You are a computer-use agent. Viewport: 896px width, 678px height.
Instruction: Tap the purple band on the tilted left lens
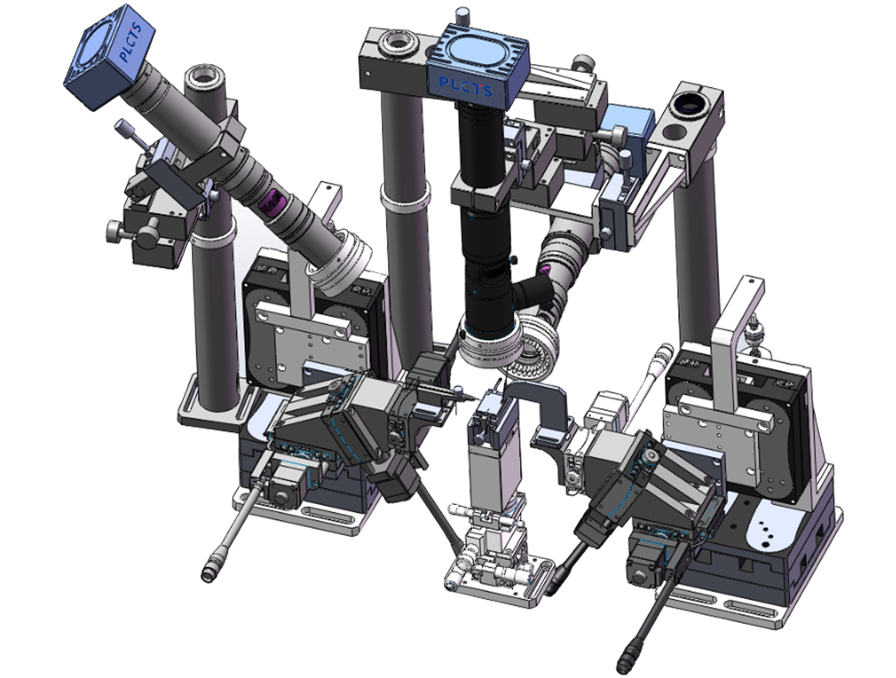[273, 201]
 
